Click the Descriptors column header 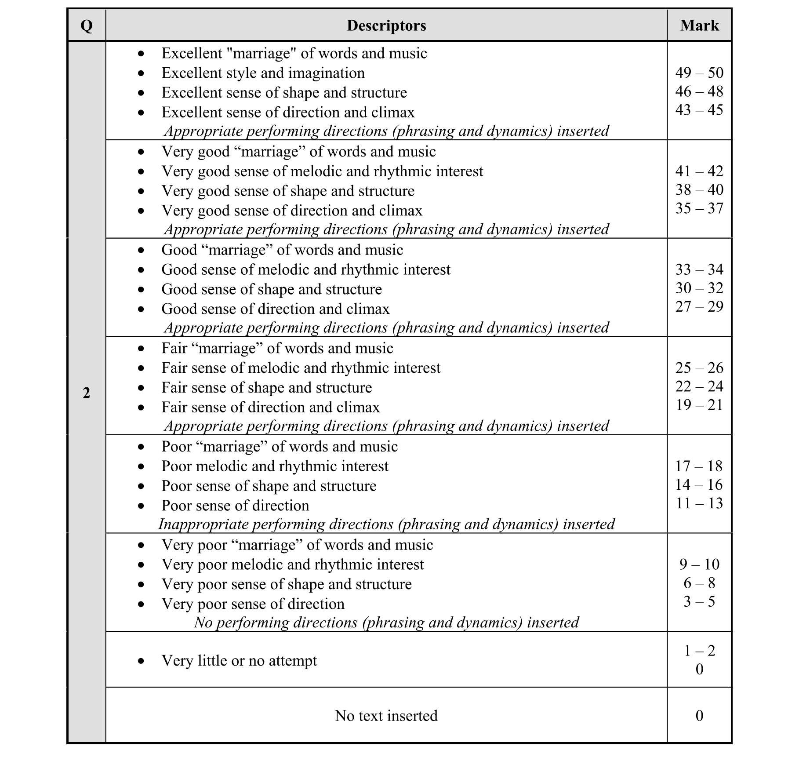tap(386, 25)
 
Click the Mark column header tap(699, 25)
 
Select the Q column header tap(87, 25)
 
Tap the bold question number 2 tap(87, 393)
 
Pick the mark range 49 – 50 tap(699, 73)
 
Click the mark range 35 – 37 tap(699, 208)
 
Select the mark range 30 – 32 tap(699, 288)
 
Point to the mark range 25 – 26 tap(699, 368)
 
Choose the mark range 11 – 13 tap(699, 503)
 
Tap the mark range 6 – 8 tap(699, 583)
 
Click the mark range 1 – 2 tap(699, 651)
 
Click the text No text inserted tap(386, 716)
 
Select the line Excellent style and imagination tap(263, 73)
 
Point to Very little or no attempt tap(239, 661)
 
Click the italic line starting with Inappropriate tap(386, 524)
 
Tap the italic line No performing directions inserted tap(386, 623)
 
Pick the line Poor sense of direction tap(235, 506)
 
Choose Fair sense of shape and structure tap(266, 388)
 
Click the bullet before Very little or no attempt tap(141, 661)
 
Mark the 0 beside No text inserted tap(699, 716)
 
